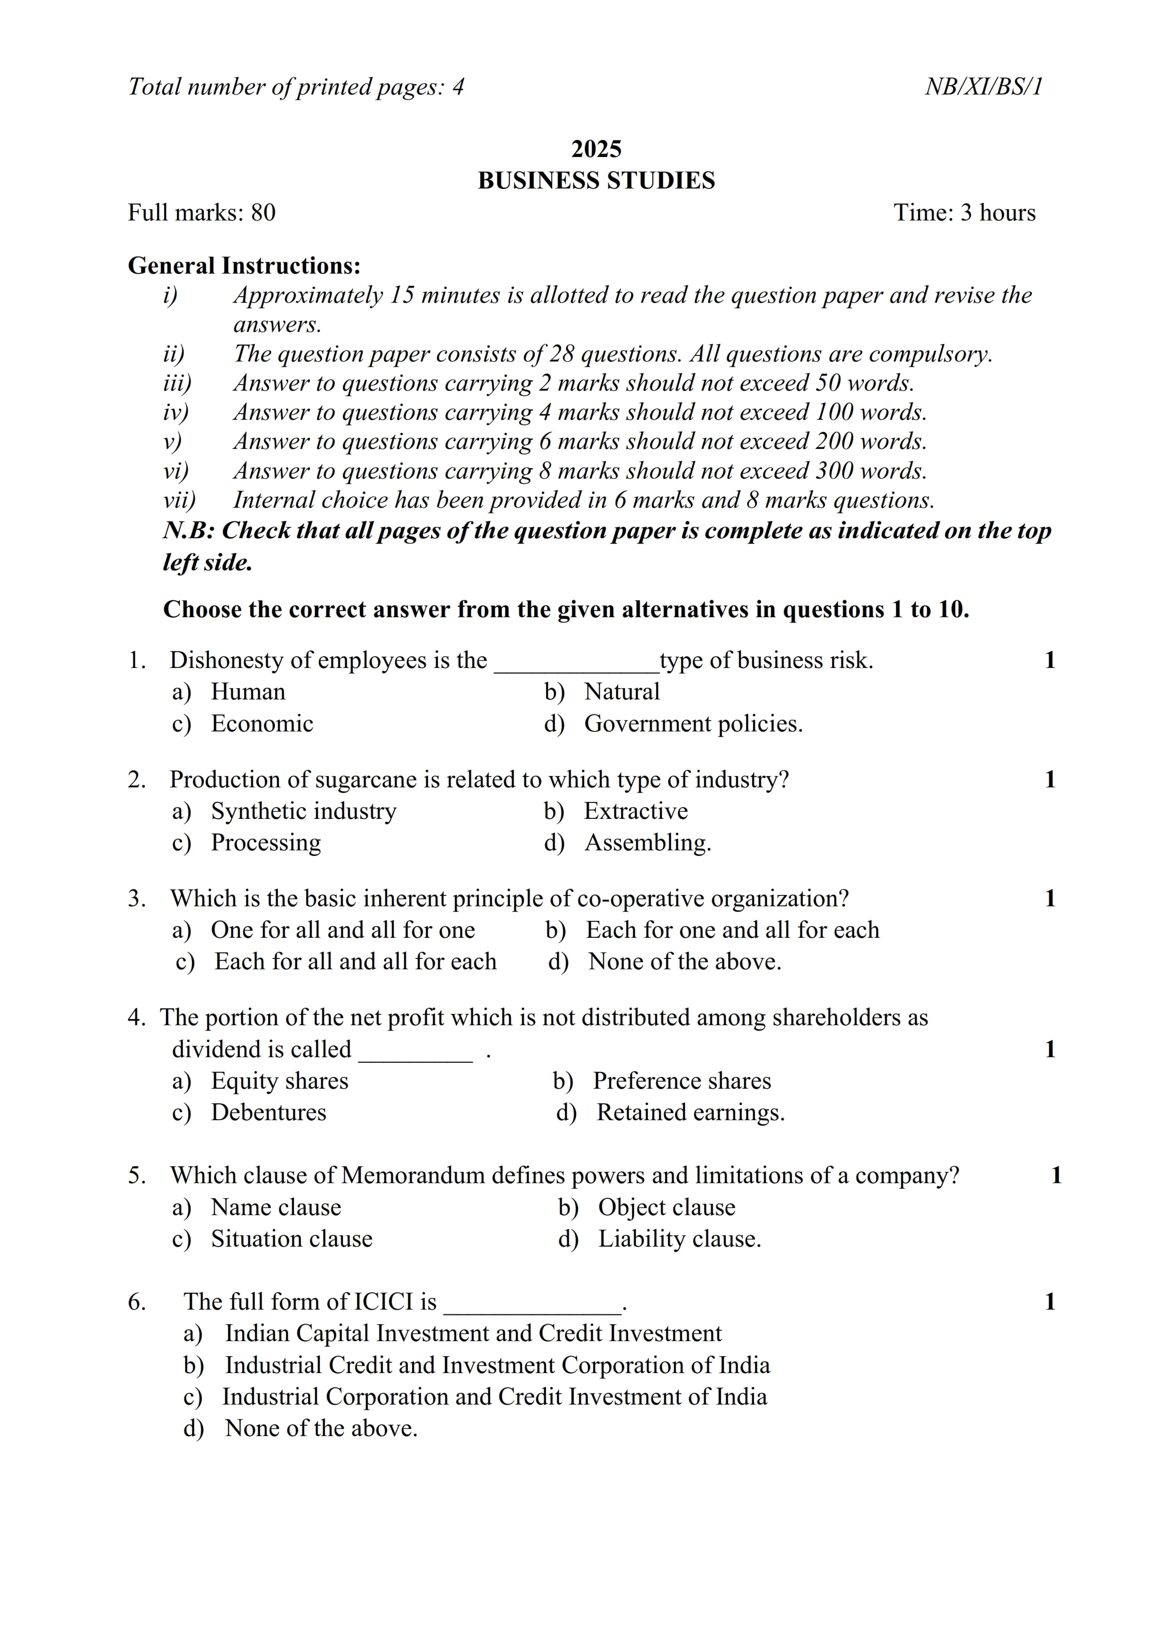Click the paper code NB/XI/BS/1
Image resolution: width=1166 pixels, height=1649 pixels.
click(983, 87)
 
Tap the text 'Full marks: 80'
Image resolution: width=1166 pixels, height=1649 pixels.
click(201, 212)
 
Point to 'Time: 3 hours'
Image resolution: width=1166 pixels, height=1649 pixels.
click(964, 212)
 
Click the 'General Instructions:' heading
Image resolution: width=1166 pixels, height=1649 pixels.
click(244, 266)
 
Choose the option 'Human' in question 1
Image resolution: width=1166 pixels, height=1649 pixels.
click(248, 691)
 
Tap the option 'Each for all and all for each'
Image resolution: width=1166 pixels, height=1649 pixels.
click(355, 962)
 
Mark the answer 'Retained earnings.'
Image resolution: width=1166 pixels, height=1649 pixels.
click(690, 1113)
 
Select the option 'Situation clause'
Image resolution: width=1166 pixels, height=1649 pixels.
click(291, 1239)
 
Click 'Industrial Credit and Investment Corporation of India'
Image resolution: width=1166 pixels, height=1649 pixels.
click(497, 1365)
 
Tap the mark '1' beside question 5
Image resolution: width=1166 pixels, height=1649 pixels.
click(1055, 1176)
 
